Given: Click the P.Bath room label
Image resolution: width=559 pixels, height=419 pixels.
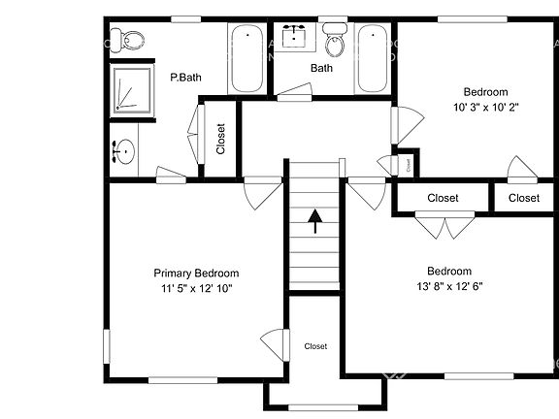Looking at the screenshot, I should pos(184,77).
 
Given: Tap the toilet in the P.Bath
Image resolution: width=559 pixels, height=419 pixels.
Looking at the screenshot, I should pos(127,41).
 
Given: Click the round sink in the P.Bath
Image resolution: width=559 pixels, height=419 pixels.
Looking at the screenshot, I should pos(122,152).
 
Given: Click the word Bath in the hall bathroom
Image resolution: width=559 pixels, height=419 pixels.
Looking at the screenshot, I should pos(321,68).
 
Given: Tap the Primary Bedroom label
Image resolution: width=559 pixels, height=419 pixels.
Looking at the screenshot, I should pos(196,274).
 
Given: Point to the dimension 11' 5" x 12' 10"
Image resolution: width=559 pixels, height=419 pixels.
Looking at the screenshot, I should pos(196,288).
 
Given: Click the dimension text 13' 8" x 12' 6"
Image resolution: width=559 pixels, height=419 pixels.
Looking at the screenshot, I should pos(448,286).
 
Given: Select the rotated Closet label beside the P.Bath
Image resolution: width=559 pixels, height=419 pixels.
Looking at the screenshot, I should pos(221,138).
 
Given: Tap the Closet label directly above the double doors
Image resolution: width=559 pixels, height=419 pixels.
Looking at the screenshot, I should pos(443,198).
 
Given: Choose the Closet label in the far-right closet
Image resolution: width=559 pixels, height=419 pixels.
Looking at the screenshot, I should pos(523,198).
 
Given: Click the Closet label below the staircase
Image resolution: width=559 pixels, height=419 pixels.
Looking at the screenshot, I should pos(315,346).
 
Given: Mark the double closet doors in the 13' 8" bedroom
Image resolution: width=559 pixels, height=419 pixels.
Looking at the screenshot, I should pos(443,226).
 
